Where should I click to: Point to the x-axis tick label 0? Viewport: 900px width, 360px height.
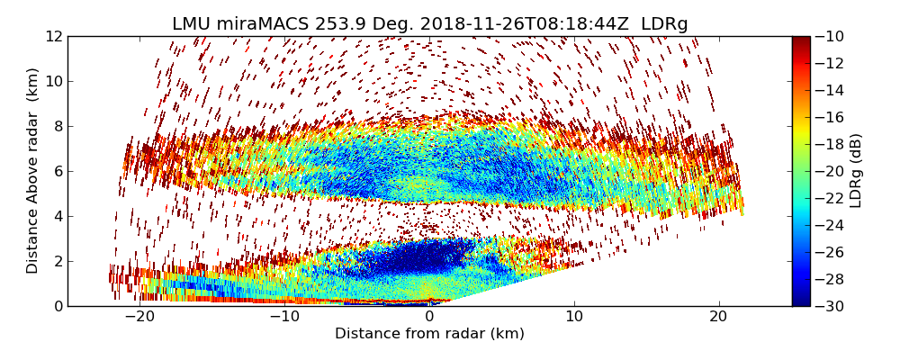(429, 317)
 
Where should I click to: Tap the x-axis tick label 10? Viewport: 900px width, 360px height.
(574, 317)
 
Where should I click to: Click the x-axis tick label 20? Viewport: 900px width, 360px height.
(719, 317)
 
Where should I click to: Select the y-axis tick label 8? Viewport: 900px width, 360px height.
(57, 127)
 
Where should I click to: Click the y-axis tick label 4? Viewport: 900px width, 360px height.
(57, 216)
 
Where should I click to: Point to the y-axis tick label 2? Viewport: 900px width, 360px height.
(57, 261)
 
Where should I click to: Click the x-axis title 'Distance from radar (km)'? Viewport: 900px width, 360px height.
(429, 334)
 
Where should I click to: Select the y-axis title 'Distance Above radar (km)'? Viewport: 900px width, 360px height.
(32, 171)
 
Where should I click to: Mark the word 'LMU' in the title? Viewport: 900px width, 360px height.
(192, 24)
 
